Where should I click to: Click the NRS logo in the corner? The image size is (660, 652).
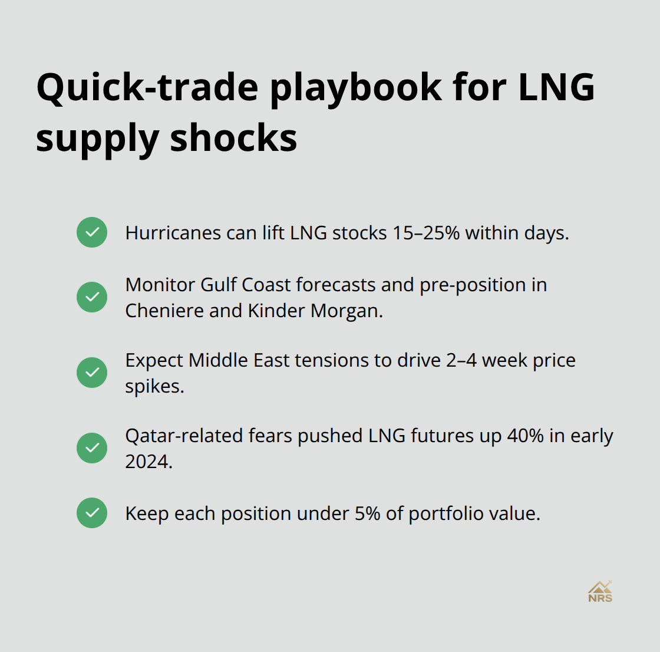[x=600, y=591]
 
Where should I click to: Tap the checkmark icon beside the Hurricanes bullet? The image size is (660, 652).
[x=92, y=232]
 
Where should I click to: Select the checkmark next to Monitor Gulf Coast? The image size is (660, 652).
[x=92, y=297]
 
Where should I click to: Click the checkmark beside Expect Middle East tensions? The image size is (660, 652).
[x=92, y=373]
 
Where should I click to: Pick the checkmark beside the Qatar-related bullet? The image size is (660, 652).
[x=92, y=448]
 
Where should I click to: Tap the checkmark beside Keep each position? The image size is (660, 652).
[x=92, y=513]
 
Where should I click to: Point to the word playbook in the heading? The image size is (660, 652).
[x=355, y=87]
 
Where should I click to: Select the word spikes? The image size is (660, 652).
[x=154, y=386]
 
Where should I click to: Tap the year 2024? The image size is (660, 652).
[x=148, y=462]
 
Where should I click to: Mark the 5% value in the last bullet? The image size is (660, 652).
[x=367, y=513]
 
